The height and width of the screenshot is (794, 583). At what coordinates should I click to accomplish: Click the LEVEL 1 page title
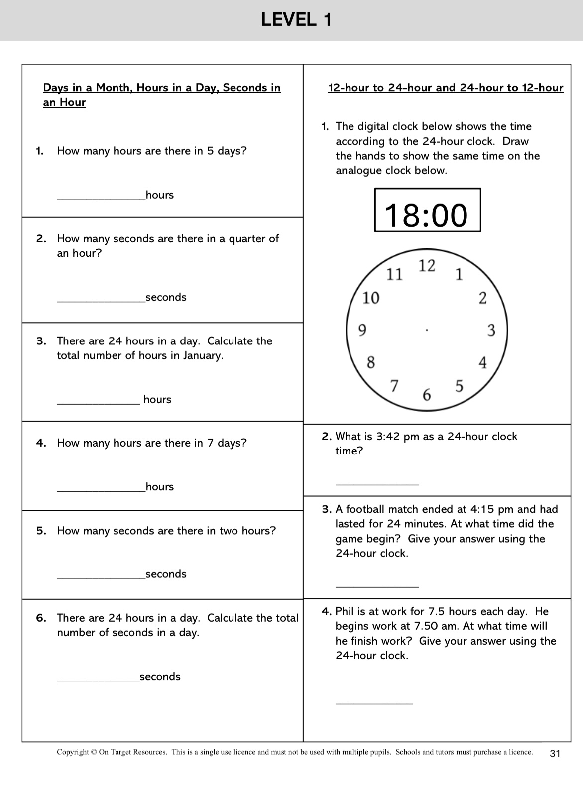coord(296,20)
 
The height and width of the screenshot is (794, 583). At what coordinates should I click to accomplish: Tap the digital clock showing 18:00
coord(427,210)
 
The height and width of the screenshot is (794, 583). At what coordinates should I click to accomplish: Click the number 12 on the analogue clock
coord(427,266)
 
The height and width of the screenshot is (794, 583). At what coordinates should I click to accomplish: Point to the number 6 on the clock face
coord(427,395)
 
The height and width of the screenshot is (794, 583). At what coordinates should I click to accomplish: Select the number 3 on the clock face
coord(491,330)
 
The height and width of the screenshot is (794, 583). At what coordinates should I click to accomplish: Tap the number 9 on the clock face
coord(362,330)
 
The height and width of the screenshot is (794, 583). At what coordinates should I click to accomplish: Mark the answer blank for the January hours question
coord(99,403)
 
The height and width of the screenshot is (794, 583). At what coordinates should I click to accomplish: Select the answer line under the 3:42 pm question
coord(377,483)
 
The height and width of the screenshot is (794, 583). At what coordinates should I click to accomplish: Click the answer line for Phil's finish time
coord(374,702)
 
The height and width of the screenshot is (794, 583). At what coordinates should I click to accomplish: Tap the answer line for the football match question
coord(377,586)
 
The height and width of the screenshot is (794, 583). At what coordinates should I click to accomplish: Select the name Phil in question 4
coord(344,611)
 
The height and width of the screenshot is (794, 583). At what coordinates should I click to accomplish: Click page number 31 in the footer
coord(555,753)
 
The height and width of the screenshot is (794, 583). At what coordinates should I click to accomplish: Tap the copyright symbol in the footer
coord(94,752)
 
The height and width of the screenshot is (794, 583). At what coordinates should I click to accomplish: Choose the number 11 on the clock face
coord(395,274)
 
